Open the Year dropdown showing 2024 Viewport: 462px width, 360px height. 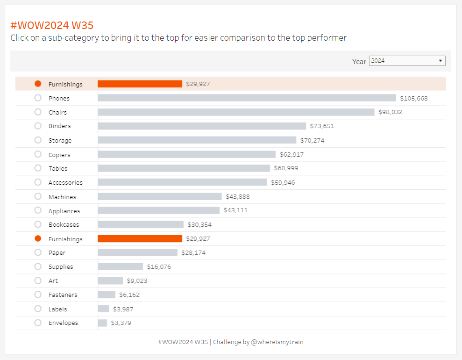tap(407, 61)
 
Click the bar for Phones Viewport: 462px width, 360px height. tap(247, 98)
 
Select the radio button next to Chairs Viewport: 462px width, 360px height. tap(38, 112)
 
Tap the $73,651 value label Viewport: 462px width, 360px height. tap(322, 126)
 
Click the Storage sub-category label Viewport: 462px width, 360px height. tap(60, 140)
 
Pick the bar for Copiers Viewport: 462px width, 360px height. tap(186, 154)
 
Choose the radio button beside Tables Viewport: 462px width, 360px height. tap(38, 168)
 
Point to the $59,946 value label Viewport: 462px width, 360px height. tap(283, 182)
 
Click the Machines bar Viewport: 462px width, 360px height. tap(159, 197)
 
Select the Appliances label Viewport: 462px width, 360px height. tap(64, 211)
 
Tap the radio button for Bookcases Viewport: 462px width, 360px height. tap(38, 224)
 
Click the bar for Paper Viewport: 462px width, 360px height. tap(137, 252)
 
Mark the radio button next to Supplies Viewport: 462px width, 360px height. tap(38, 266)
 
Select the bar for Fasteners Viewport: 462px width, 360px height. tap(106, 295)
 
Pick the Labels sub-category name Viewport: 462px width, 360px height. tap(57, 309)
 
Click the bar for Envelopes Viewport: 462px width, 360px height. tap(102, 323)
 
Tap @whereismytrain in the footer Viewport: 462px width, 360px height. tap(277, 342)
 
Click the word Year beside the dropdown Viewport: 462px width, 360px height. tap(359, 62)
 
